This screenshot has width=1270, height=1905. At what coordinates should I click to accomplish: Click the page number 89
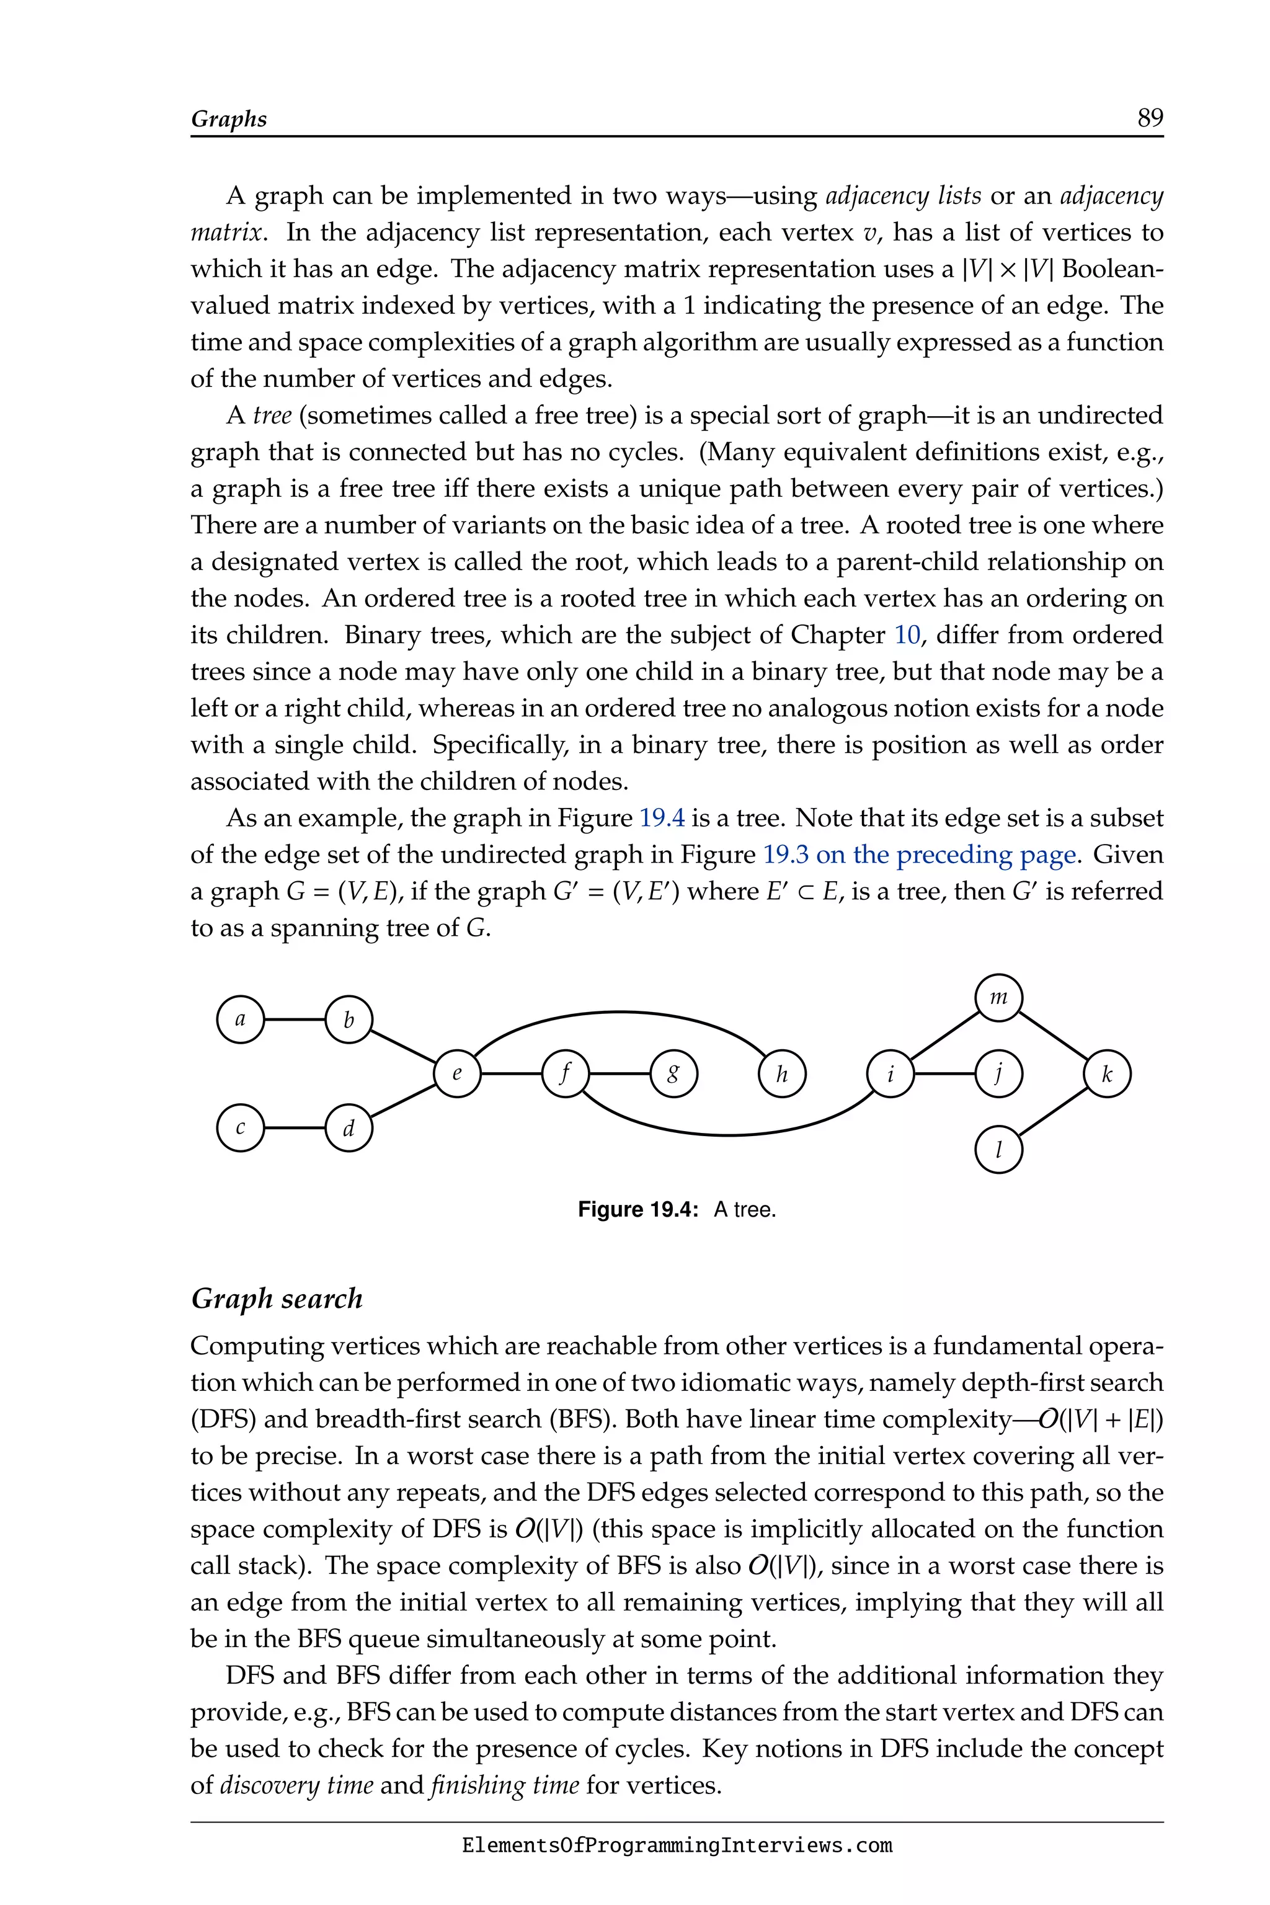pyautogui.click(x=1149, y=118)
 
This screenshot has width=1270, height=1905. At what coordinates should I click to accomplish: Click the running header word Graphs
pyautogui.click(x=228, y=119)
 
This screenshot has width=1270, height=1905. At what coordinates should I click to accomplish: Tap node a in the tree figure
pyautogui.click(x=241, y=1019)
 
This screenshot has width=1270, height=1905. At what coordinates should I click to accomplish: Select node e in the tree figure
pyautogui.click(x=457, y=1074)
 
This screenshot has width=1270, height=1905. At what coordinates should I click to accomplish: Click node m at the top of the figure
pyautogui.click(x=998, y=998)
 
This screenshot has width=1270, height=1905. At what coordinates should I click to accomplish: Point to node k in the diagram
pyautogui.click(x=1106, y=1074)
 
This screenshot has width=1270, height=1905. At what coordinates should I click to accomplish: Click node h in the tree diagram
pyautogui.click(x=781, y=1074)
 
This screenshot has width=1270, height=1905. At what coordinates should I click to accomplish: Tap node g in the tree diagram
pyautogui.click(x=673, y=1074)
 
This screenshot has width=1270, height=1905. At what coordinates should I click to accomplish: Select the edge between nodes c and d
pyautogui.click(x=295, y=1127)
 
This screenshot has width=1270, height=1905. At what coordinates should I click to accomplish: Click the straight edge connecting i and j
pyautogui.click(x=944, y=1074)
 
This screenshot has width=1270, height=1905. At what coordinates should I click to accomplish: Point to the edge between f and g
pyautogui.click(x=619, y=1074)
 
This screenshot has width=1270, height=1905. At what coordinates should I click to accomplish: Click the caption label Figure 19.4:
pyautogui.click(x=637, y=1210)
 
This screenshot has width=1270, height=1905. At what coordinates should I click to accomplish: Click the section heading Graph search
pyautogui.click(x=276, y=1299)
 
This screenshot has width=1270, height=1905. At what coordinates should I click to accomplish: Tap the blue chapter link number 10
pyautogui.click(x=907, y=635)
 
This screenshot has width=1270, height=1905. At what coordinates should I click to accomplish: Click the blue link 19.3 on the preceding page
pyautogui.click(x=918, y=855)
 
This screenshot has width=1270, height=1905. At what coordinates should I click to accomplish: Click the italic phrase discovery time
pyautogui.click(x=296, y=1785)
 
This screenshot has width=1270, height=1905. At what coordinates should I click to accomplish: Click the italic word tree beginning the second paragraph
pyautogui.click(x=272, y=415)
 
